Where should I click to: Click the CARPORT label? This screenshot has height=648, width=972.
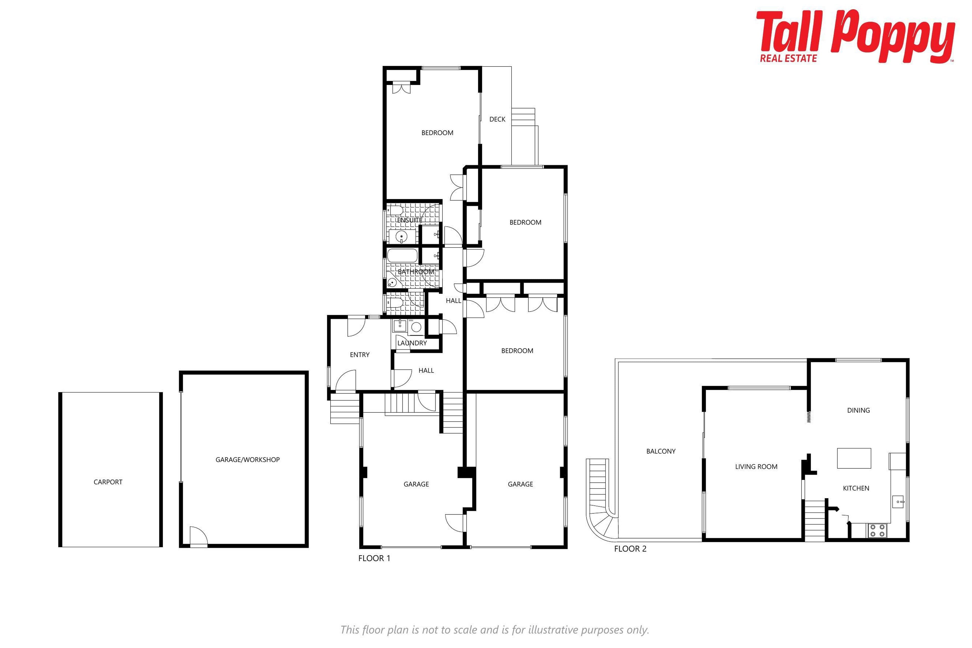tap(108, 482)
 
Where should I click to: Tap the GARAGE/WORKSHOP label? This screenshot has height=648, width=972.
tap(248, 460)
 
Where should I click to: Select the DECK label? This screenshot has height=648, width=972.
tap(497, 119)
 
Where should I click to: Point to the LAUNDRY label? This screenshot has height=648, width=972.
tap(412, 343)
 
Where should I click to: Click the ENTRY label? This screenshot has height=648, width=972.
tap(359, 355)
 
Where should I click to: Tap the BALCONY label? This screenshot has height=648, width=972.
tap(661, 451)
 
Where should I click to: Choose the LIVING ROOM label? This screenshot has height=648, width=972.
tap(756, 467)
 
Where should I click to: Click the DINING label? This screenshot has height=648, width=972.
tap(858, 410)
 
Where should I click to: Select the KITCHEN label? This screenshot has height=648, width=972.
tap(856, 488)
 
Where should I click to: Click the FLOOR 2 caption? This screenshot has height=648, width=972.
tap(630, 549)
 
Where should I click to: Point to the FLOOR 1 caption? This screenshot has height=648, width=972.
tap(374, 558)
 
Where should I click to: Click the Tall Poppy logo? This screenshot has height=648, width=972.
tap(856, 36)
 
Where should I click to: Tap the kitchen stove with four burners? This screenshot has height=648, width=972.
tap(877, 530)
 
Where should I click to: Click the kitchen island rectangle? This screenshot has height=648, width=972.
tap(854, 458)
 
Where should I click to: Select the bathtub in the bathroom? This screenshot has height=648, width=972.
tap(402, 255)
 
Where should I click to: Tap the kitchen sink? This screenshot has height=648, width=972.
tap(898, 502)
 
